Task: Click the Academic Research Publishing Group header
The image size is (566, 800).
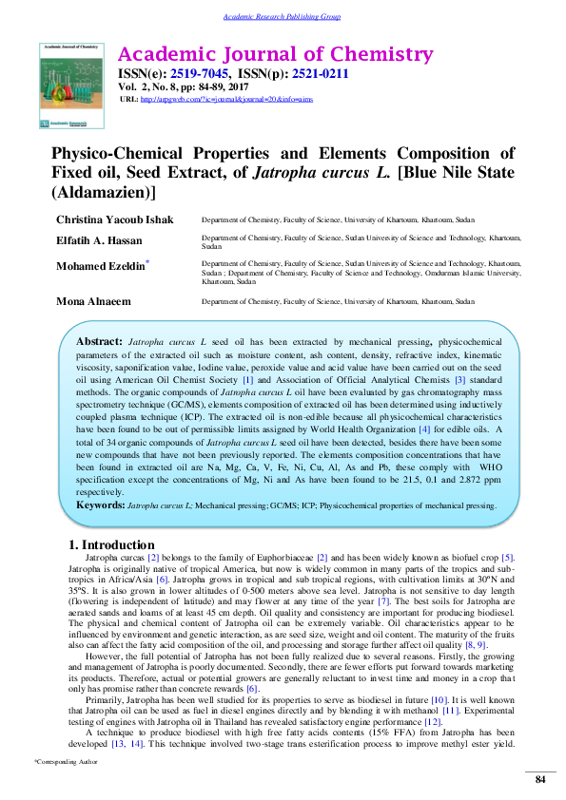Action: click(x=282, y=17)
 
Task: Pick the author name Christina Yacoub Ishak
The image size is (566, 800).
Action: click(x=116, y=219)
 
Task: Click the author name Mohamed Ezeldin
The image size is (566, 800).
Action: click(x=103, y=267)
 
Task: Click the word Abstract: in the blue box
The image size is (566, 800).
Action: click(x=99, y=340)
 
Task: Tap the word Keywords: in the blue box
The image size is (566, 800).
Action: click(x=100, y=505)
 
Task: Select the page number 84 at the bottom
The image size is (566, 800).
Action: click(x=540, y=780)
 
